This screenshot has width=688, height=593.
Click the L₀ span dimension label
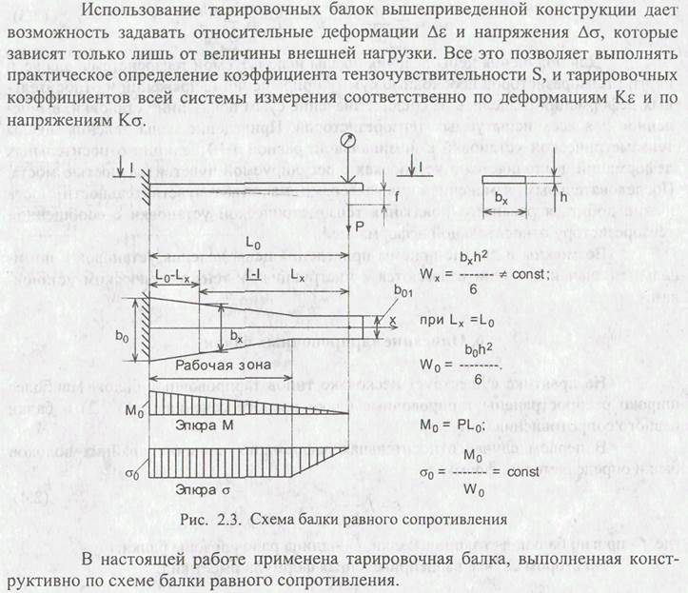252,246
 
